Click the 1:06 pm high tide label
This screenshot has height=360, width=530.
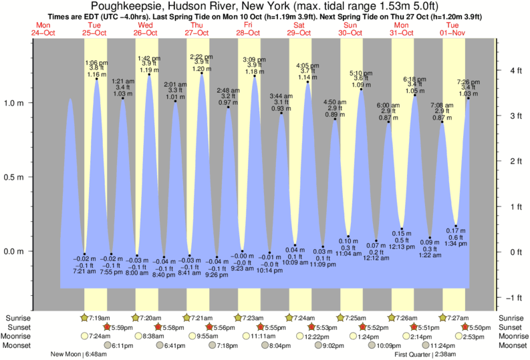[96, 63]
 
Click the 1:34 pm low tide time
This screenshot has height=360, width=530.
[456, 244]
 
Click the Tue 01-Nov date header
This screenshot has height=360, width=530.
[454, 28]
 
